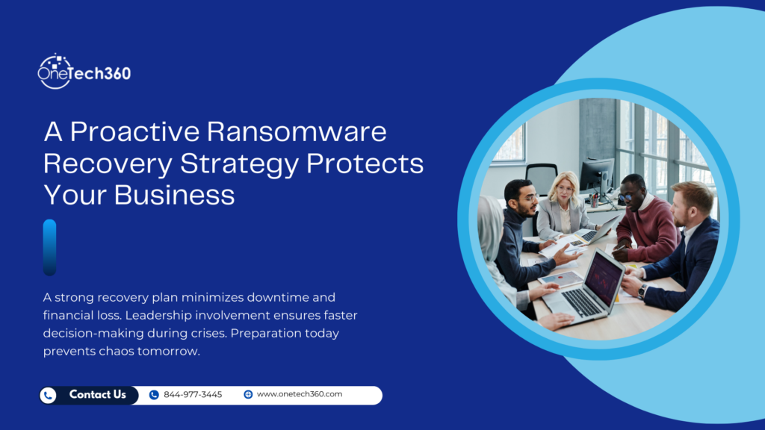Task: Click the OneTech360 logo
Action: [x=84, y=72]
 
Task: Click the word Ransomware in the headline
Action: [x=297, y=131]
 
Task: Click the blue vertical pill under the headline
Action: [x=49, y=247]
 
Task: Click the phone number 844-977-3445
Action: [x=193, y=395]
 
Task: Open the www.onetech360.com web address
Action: [x=299, y=394]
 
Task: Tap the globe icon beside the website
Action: [x=248, y=395]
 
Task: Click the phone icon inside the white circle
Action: [x=49, y=396]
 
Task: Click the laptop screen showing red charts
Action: [x=604, y=280]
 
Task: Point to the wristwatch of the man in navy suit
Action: [x=642, y=290]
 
